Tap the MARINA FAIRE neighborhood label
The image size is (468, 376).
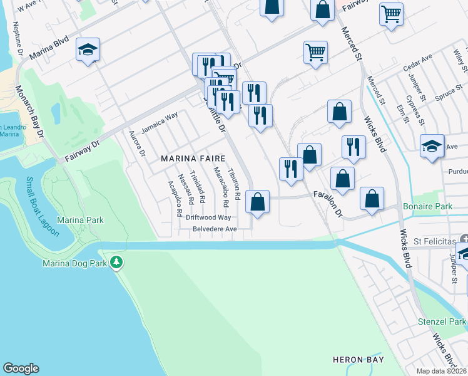[193, 159]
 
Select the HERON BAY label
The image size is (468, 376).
[357, 359]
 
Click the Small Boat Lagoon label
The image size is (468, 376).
[42, 207]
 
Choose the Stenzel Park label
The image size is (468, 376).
[442, 321]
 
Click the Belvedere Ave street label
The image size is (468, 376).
[214, 229]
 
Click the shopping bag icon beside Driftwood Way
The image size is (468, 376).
[257, 202]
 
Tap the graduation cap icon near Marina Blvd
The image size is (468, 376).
[88, 50]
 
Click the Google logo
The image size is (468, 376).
[21, 368]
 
